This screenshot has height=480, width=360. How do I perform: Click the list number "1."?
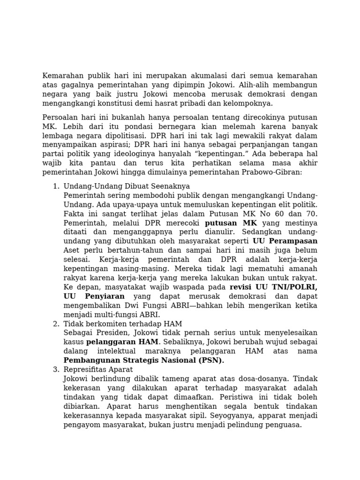point(56,186)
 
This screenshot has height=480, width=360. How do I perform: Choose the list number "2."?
point(56,324)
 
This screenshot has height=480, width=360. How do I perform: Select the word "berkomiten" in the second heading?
point(101,324)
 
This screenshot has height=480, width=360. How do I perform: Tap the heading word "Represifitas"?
point(84,370)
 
